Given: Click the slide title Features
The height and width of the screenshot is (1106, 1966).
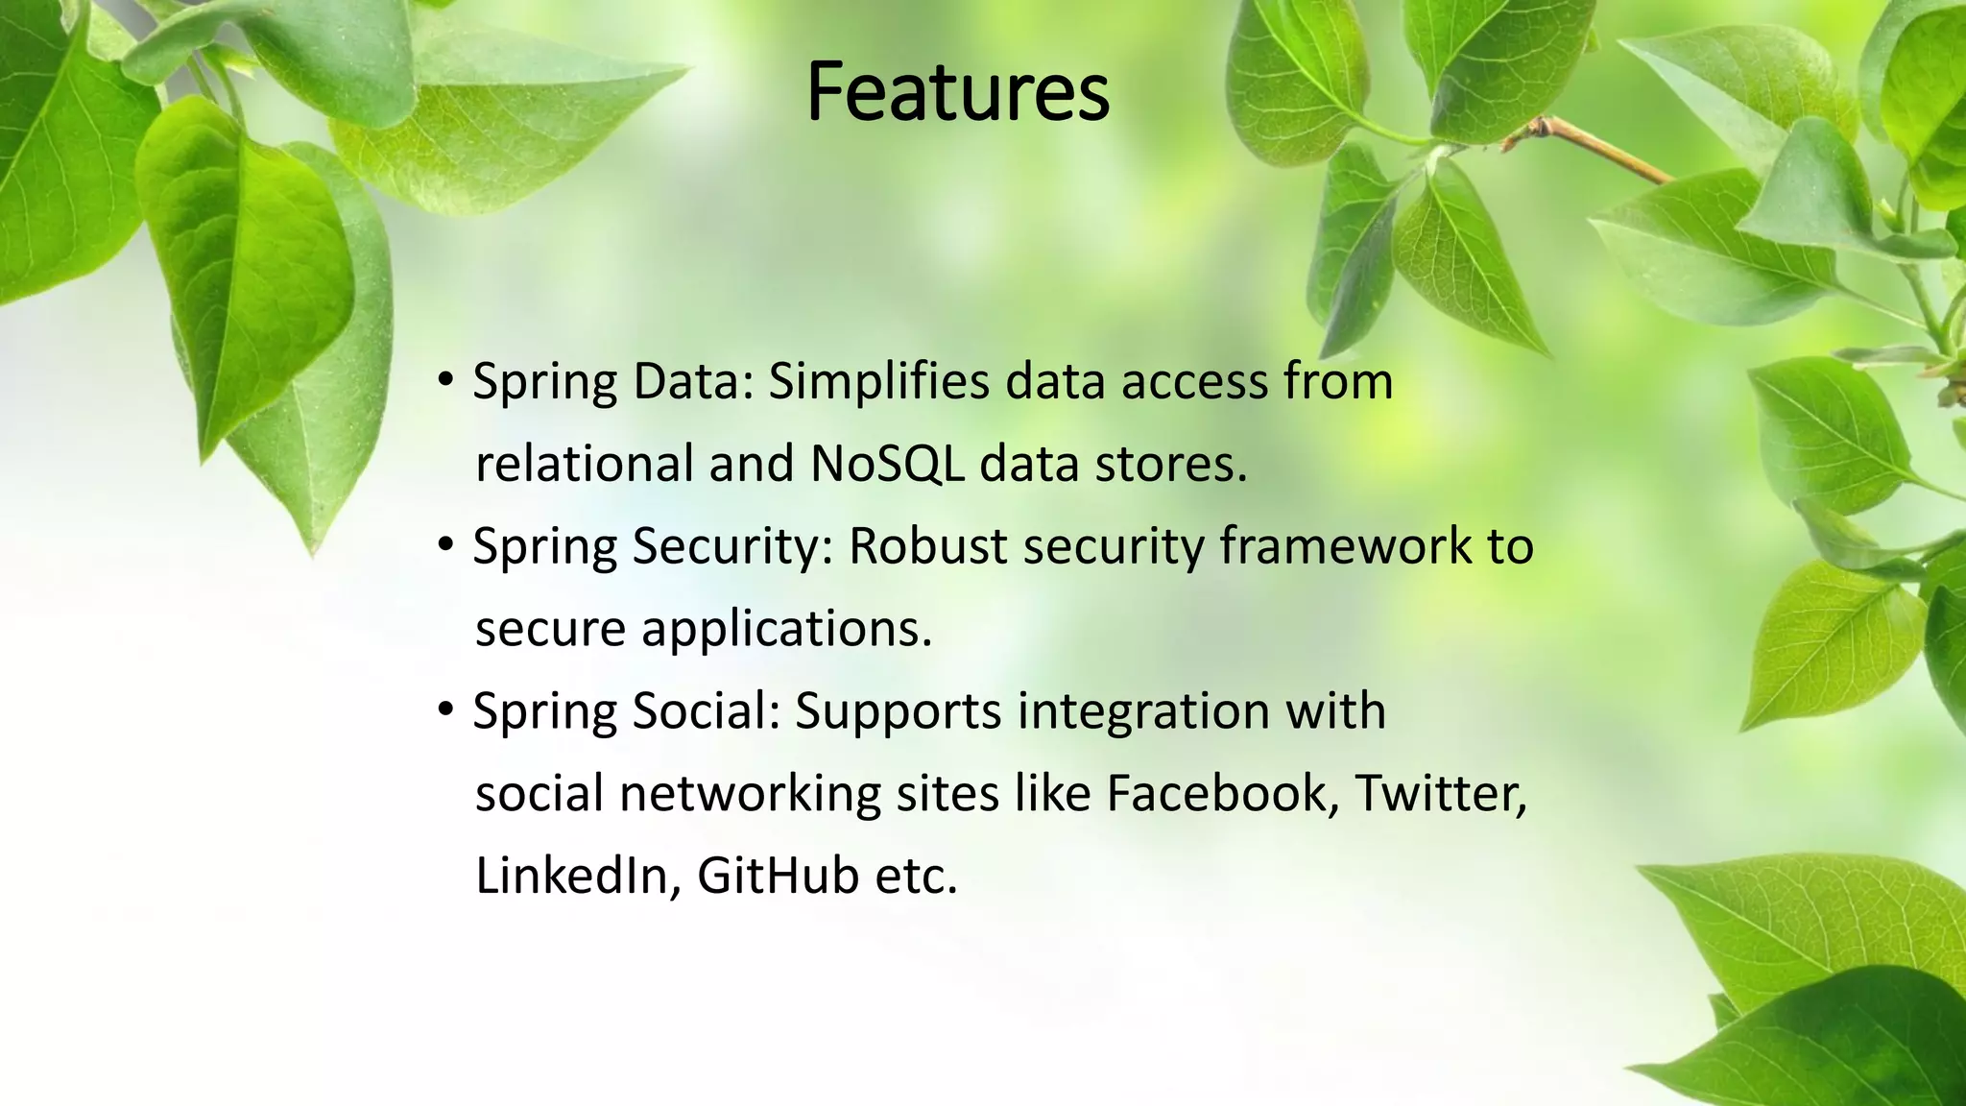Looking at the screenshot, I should point(957,92).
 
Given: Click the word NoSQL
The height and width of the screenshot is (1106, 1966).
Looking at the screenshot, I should point(887,464).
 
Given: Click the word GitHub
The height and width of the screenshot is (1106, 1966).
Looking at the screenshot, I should point(778,876).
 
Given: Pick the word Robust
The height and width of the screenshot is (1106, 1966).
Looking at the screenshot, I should point(927,546).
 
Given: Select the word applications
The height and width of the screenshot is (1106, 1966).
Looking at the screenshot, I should point(786,630).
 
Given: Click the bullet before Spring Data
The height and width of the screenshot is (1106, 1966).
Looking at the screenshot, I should point(444,381).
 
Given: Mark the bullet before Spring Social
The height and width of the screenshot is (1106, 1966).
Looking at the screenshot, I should point(444,711).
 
